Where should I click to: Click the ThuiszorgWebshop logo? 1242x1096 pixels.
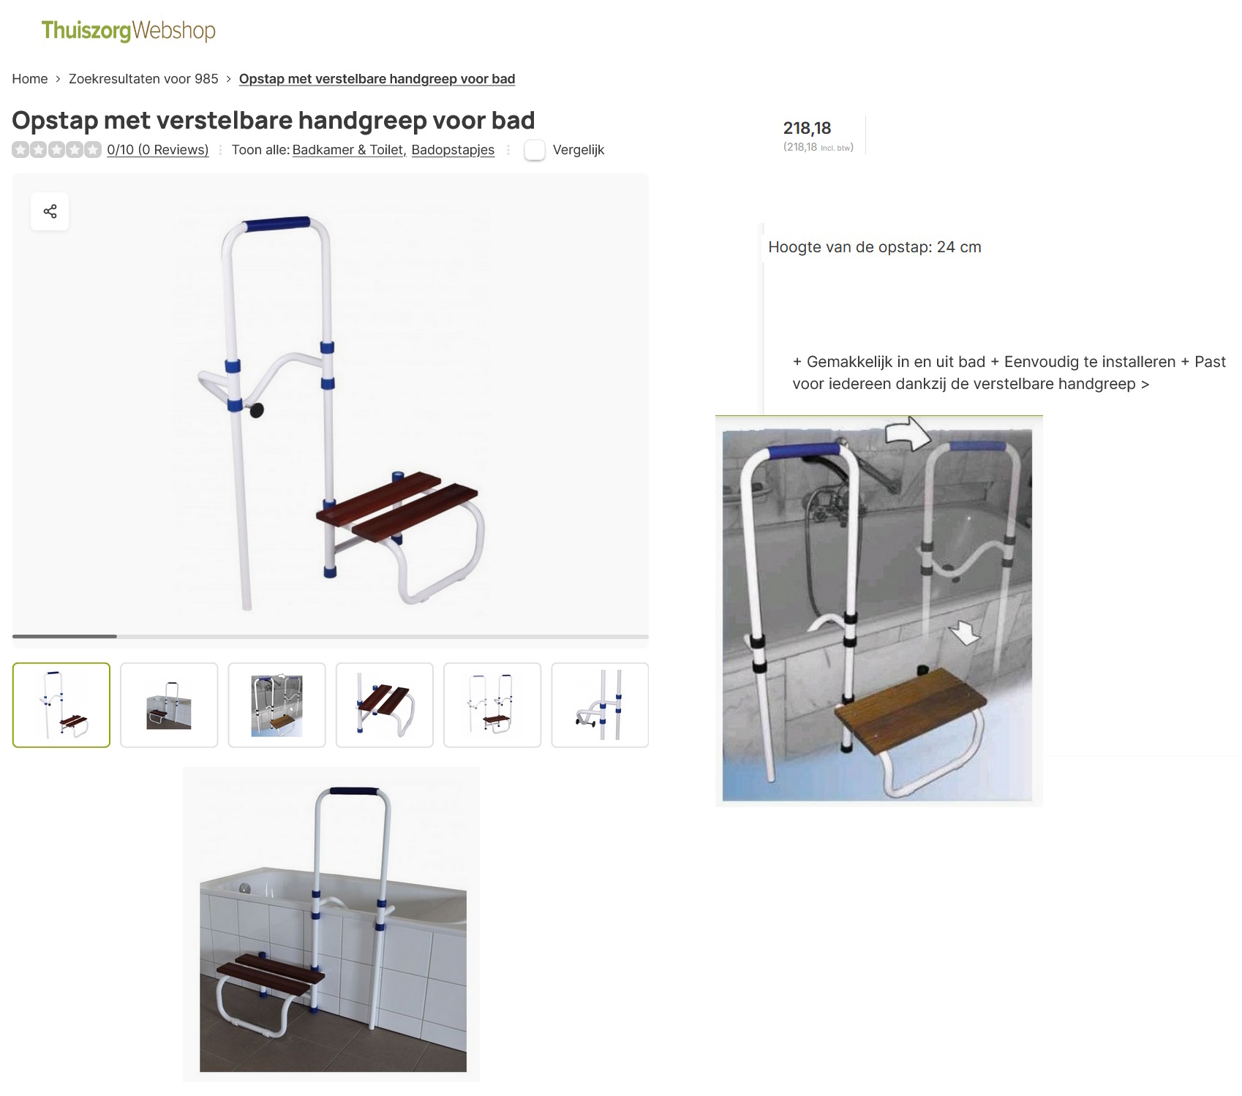(x=128, y=31)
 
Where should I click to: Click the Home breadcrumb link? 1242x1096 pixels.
(x=30, y=79)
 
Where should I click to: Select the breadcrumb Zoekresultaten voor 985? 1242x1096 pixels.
(x=143, y=79)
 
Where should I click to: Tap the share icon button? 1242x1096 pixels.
(x=50, y=211)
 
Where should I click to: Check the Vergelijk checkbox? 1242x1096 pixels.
(x=535, y=150)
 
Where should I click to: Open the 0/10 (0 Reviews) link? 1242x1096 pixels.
(x=157, y=150)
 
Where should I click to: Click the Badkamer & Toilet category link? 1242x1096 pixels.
(x=348, y=150)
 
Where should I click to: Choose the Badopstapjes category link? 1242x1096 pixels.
(x=453, y=150)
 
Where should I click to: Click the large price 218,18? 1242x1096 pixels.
(x=807, y=129)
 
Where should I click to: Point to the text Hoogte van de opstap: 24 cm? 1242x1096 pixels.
(x=874, y=247)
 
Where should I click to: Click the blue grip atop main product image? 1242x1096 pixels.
(x=276, y=224)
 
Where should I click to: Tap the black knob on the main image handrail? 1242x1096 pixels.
(x=257, y=411)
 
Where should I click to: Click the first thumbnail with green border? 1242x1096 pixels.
(x=61, y=705)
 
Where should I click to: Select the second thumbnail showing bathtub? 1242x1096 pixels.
(x=169, y=705)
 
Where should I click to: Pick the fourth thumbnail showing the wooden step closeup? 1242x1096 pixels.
(x=385, y=705)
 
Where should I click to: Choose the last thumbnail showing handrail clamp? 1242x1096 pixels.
(x=600, y=705)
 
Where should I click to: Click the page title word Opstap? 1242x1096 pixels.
(x=55, y=121)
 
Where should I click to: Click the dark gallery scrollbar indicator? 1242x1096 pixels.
(x=64, y=636)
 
